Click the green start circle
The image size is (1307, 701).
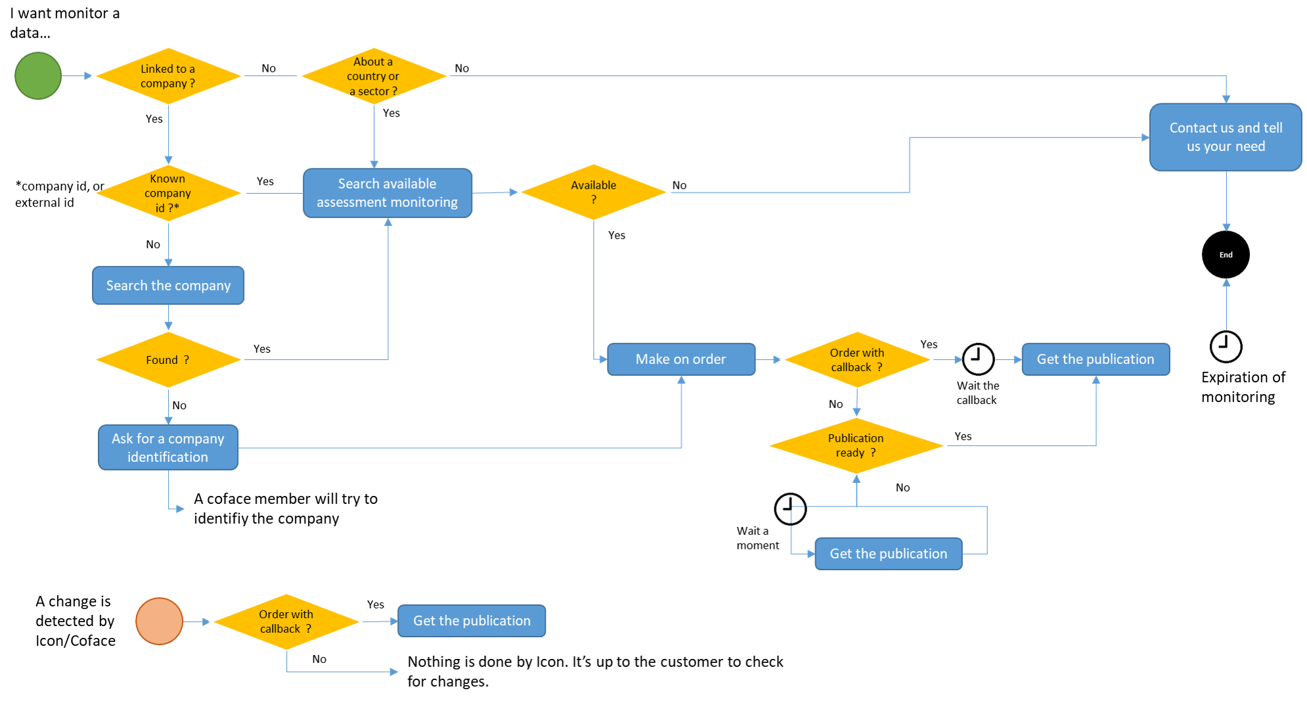pos(38,76)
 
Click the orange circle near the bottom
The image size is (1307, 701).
pos(159,621)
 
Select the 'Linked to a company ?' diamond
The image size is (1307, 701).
pos(168,76)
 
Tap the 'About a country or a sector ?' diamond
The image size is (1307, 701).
pos(374,76)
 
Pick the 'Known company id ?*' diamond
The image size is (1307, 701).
pos(168,193)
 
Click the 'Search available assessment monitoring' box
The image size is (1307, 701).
pos(388,193)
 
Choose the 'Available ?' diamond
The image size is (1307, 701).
pos(594,192)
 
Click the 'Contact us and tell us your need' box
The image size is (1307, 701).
pos(1226,137)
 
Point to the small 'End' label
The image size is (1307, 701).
pos(1226,255)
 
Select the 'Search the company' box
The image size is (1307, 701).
pos(168,285)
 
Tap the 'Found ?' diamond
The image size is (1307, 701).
pos(168,360)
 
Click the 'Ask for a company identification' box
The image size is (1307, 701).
pos(168,447)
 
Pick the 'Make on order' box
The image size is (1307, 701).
pos(681,359)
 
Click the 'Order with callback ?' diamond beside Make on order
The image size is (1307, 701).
pos(856,360)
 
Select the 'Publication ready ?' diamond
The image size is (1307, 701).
pos(856,445)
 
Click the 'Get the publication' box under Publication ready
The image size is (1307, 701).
pos(888,554)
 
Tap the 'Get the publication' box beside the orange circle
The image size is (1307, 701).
pos(472,621)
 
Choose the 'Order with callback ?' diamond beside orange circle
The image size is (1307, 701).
pos(286,622)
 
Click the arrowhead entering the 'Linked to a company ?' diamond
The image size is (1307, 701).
pos(89,76)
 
